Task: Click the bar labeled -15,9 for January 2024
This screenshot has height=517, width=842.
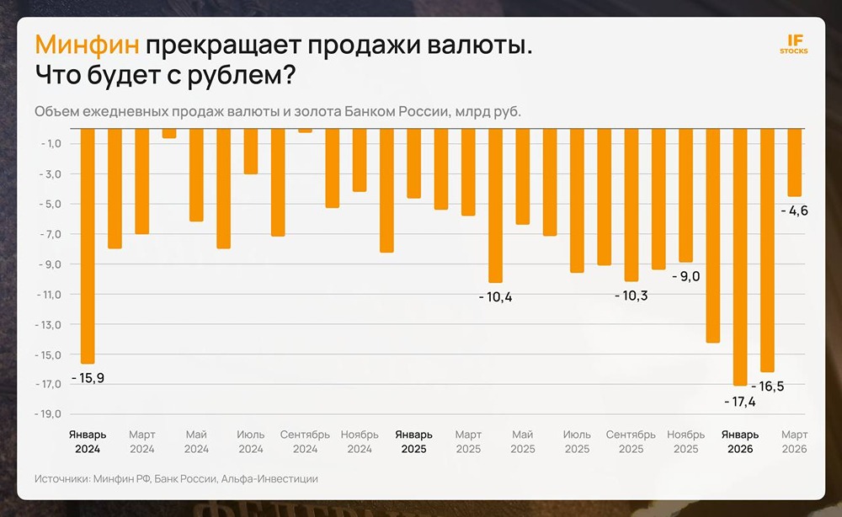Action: [88, 244]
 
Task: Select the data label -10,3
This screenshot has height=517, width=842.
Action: [631, 296]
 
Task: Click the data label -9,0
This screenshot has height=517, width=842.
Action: [685, 275]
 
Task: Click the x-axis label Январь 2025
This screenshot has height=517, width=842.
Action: [413, 441]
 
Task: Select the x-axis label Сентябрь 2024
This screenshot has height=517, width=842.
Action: [305, 441]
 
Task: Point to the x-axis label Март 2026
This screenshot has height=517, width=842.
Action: [794, 441]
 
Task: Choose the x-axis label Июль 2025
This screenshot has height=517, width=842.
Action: [577, 441]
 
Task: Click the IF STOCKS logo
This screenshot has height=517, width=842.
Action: [794, 44]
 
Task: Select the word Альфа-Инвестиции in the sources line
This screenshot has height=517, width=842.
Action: [269, 478]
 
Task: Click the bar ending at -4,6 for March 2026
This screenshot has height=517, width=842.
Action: [794, 162]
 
